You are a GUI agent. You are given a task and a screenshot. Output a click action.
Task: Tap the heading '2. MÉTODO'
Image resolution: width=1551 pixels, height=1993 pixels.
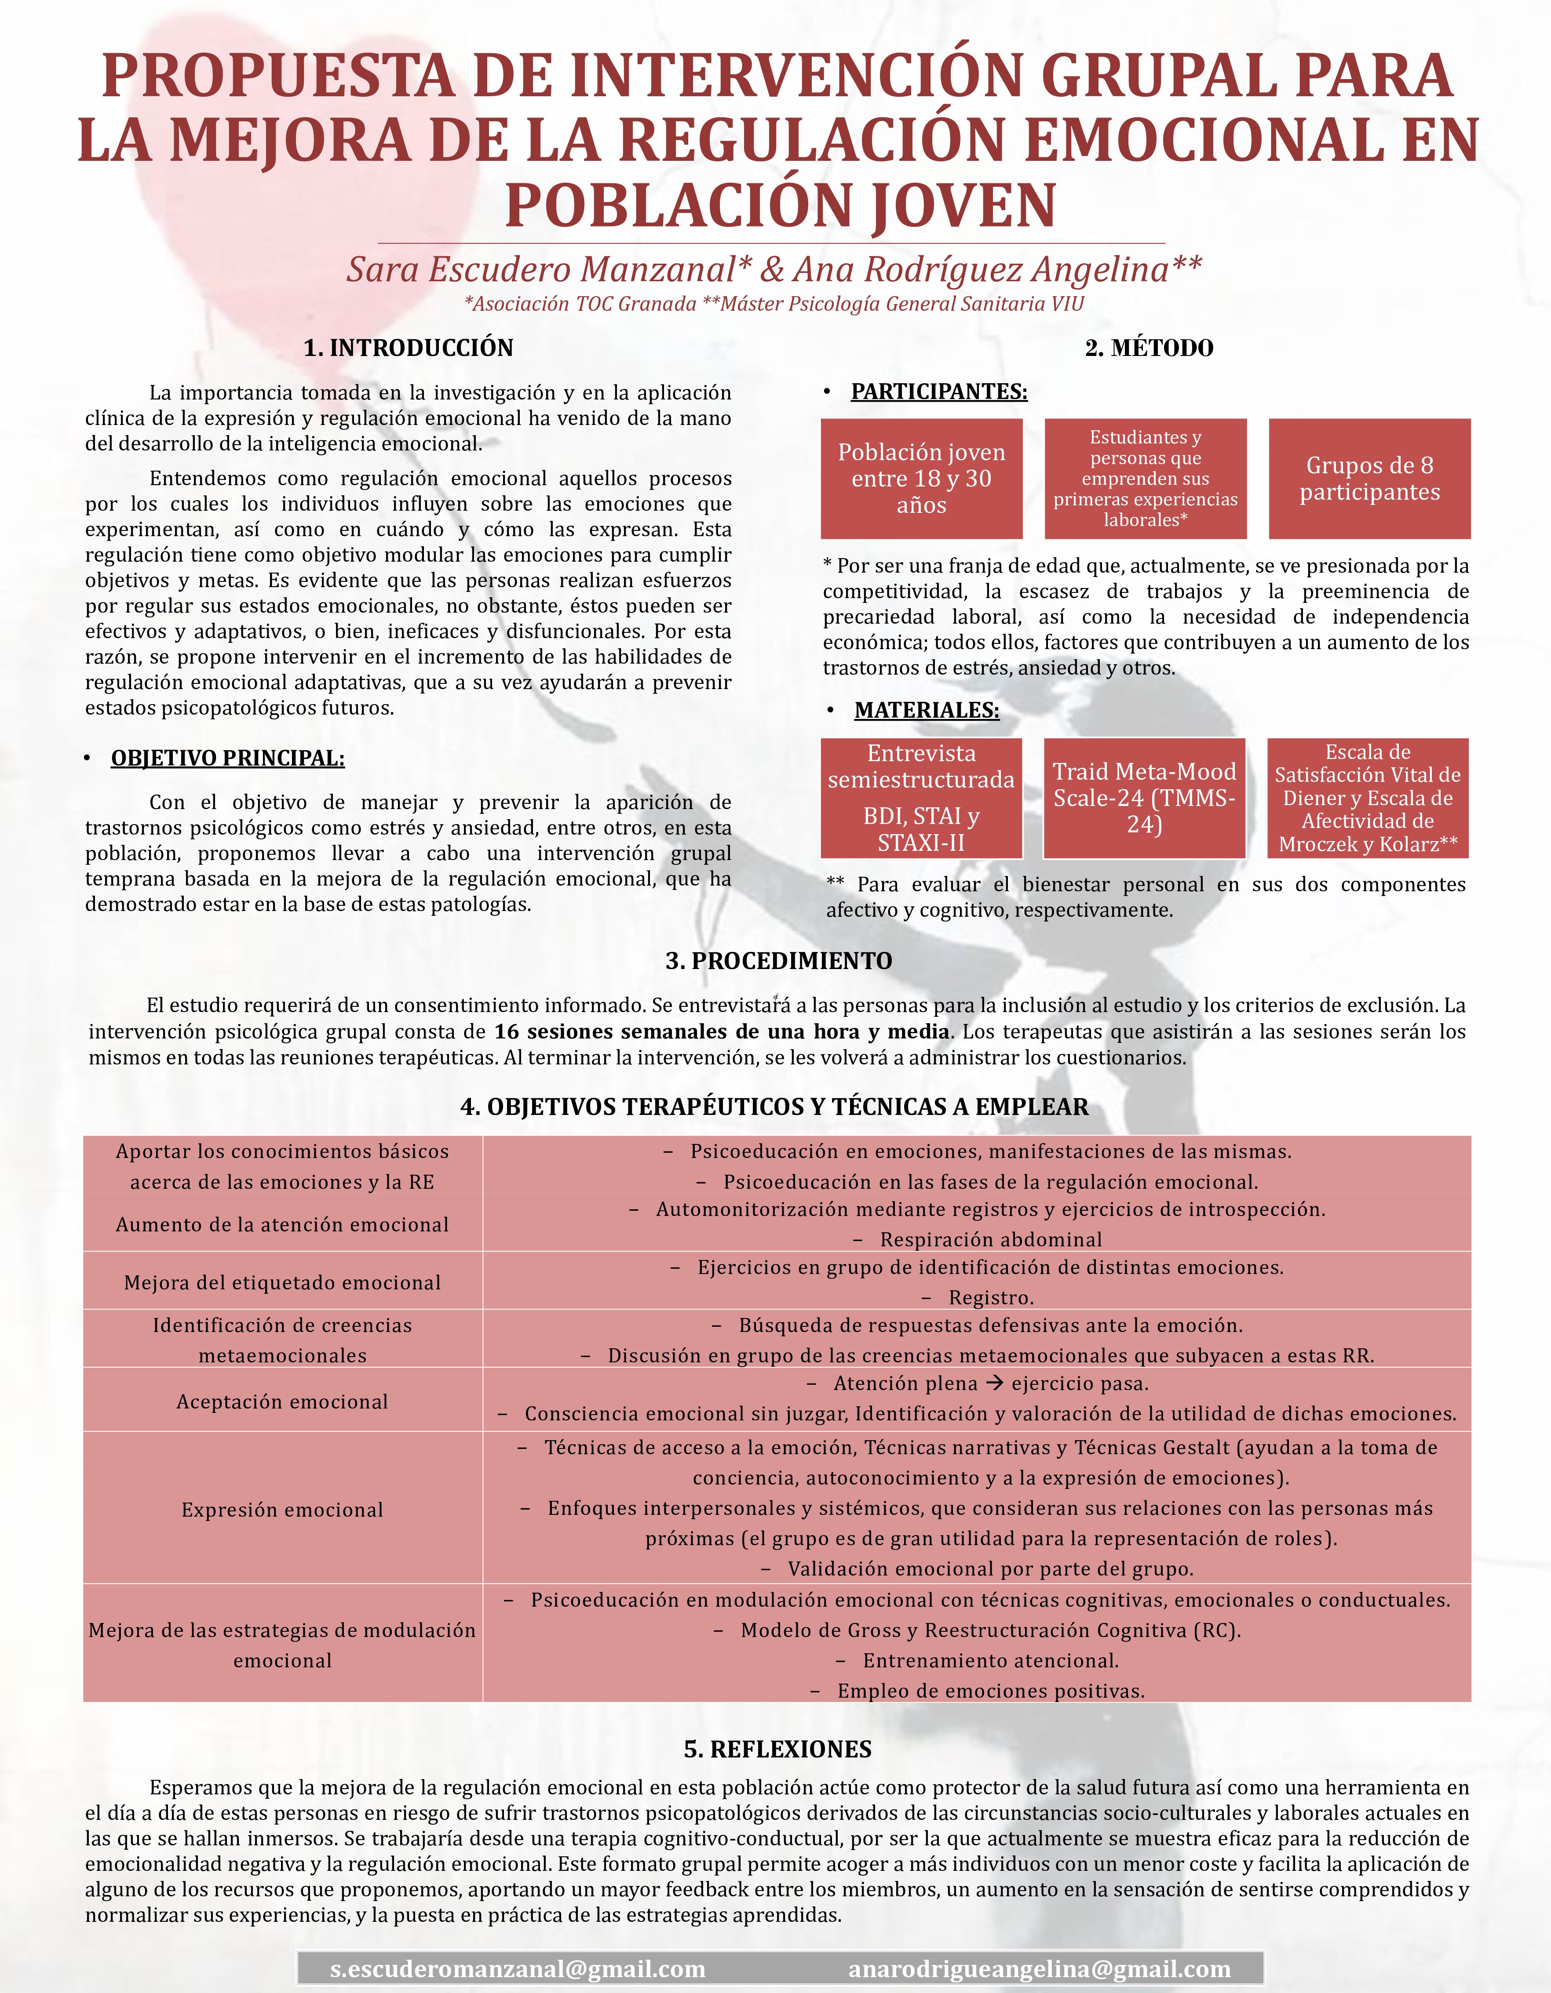[1149, 348]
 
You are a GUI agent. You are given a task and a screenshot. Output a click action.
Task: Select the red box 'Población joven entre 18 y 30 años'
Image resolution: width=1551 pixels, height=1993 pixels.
[921, 478]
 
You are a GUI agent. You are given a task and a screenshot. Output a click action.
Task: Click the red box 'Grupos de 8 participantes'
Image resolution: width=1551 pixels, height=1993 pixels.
[1369, 478]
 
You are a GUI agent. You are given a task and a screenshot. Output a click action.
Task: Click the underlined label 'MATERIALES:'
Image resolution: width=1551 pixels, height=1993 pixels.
[927, 710]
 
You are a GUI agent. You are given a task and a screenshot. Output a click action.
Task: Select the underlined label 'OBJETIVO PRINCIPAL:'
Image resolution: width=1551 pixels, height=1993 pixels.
[227, 759]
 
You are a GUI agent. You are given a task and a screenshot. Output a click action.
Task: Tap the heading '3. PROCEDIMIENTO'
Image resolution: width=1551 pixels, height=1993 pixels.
[779, 961]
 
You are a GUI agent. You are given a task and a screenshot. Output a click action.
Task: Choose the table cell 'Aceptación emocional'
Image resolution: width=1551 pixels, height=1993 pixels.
[282, 1401]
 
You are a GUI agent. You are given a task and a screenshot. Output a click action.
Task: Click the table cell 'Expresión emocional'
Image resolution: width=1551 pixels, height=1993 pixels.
[282, 1509]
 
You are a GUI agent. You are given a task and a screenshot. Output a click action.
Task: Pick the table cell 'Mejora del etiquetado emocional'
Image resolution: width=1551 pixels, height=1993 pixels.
[282, 1282]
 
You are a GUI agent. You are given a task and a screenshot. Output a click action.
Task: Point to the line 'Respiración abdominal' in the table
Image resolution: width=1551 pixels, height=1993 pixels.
[990, 1239]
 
